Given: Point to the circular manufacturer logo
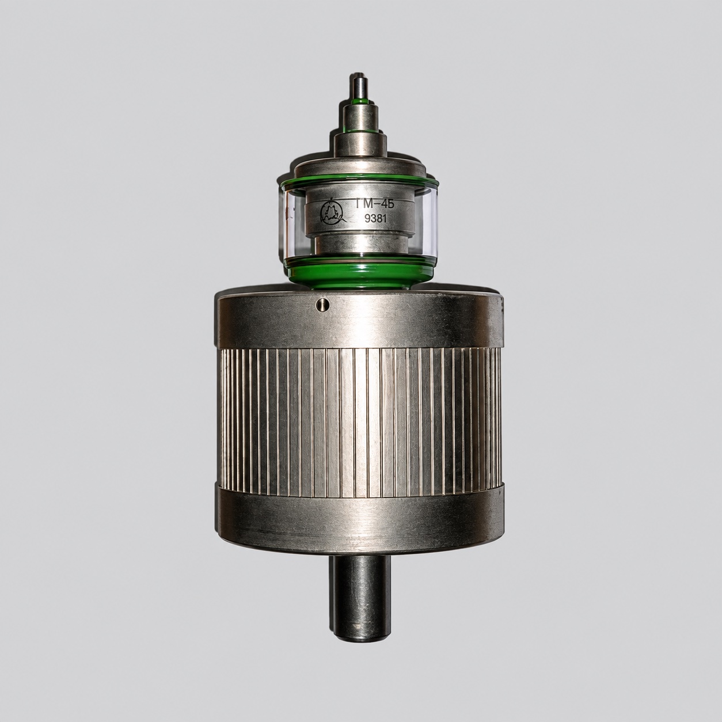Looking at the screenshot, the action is (x=330, y=213).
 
